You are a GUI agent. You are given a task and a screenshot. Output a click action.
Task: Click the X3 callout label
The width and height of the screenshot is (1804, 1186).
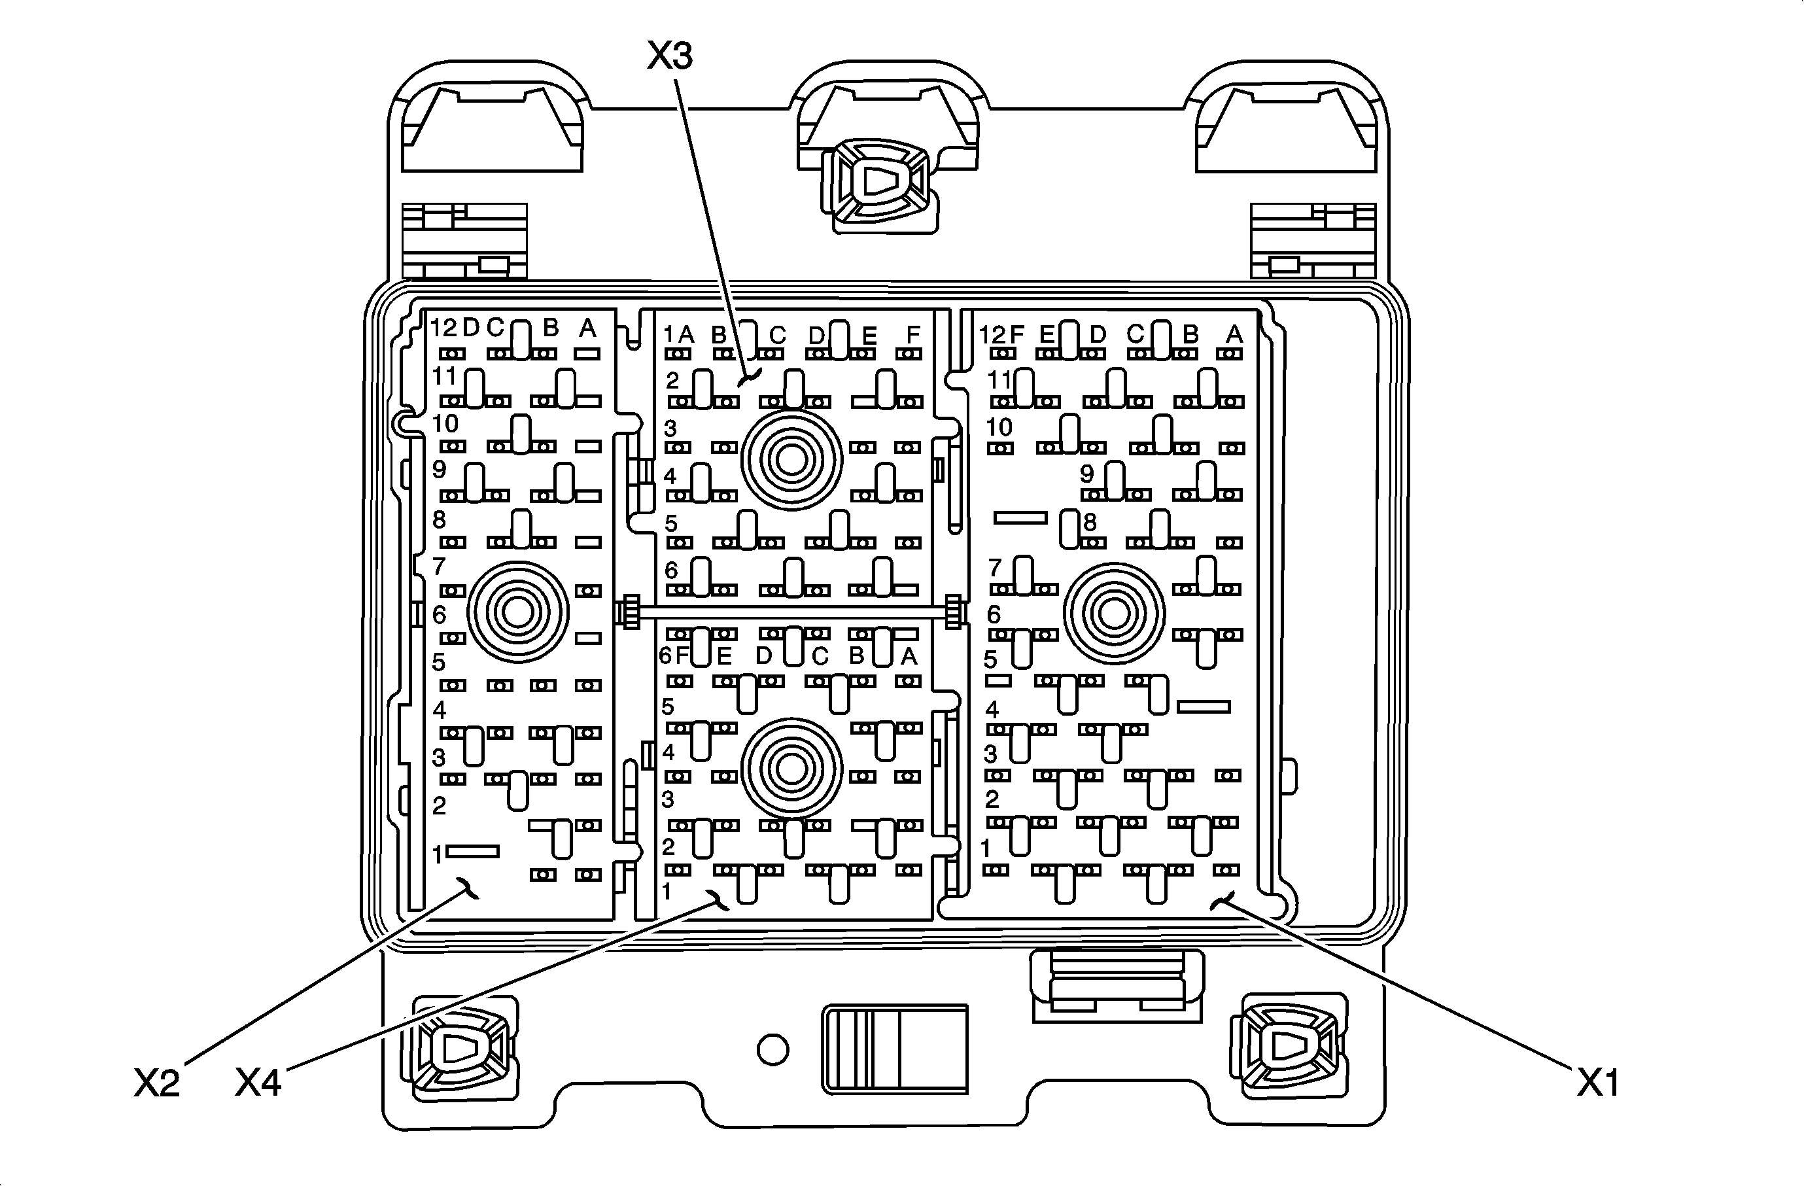coord(670,56)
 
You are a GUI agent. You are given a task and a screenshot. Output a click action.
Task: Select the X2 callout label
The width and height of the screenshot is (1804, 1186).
coord(157,1084)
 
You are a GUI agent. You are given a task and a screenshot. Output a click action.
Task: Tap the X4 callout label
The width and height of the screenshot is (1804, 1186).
coord(258,1084)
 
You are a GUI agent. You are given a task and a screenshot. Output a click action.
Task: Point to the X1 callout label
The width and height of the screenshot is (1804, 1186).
coord(1599,1084)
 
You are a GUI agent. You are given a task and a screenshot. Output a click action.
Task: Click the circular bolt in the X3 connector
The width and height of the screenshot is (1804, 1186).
coord(791,459)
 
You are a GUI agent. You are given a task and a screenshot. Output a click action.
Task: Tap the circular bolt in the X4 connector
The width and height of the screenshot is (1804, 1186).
coord(791,769)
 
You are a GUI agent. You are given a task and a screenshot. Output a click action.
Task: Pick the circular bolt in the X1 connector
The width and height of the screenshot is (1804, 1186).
coord(1113,612)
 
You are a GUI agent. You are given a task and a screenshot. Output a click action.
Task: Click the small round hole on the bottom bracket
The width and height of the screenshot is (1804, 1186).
coord(772,1049)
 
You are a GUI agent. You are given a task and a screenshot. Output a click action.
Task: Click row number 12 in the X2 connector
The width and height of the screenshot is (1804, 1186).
coord(445,327)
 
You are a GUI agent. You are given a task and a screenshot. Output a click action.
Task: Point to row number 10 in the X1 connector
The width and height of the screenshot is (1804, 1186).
coord(999,427)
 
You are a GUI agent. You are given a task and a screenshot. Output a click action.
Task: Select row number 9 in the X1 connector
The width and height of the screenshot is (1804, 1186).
coord(1087,474)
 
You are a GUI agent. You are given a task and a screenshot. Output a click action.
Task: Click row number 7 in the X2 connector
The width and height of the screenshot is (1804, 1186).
coord(439,566)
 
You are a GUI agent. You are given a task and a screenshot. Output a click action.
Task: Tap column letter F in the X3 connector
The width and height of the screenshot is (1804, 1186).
coord(912,334)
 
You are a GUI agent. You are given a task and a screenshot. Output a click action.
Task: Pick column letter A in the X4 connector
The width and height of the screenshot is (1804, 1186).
coord(908,656)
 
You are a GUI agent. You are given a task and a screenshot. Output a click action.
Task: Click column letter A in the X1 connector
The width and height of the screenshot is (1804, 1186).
coord(1234,334)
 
